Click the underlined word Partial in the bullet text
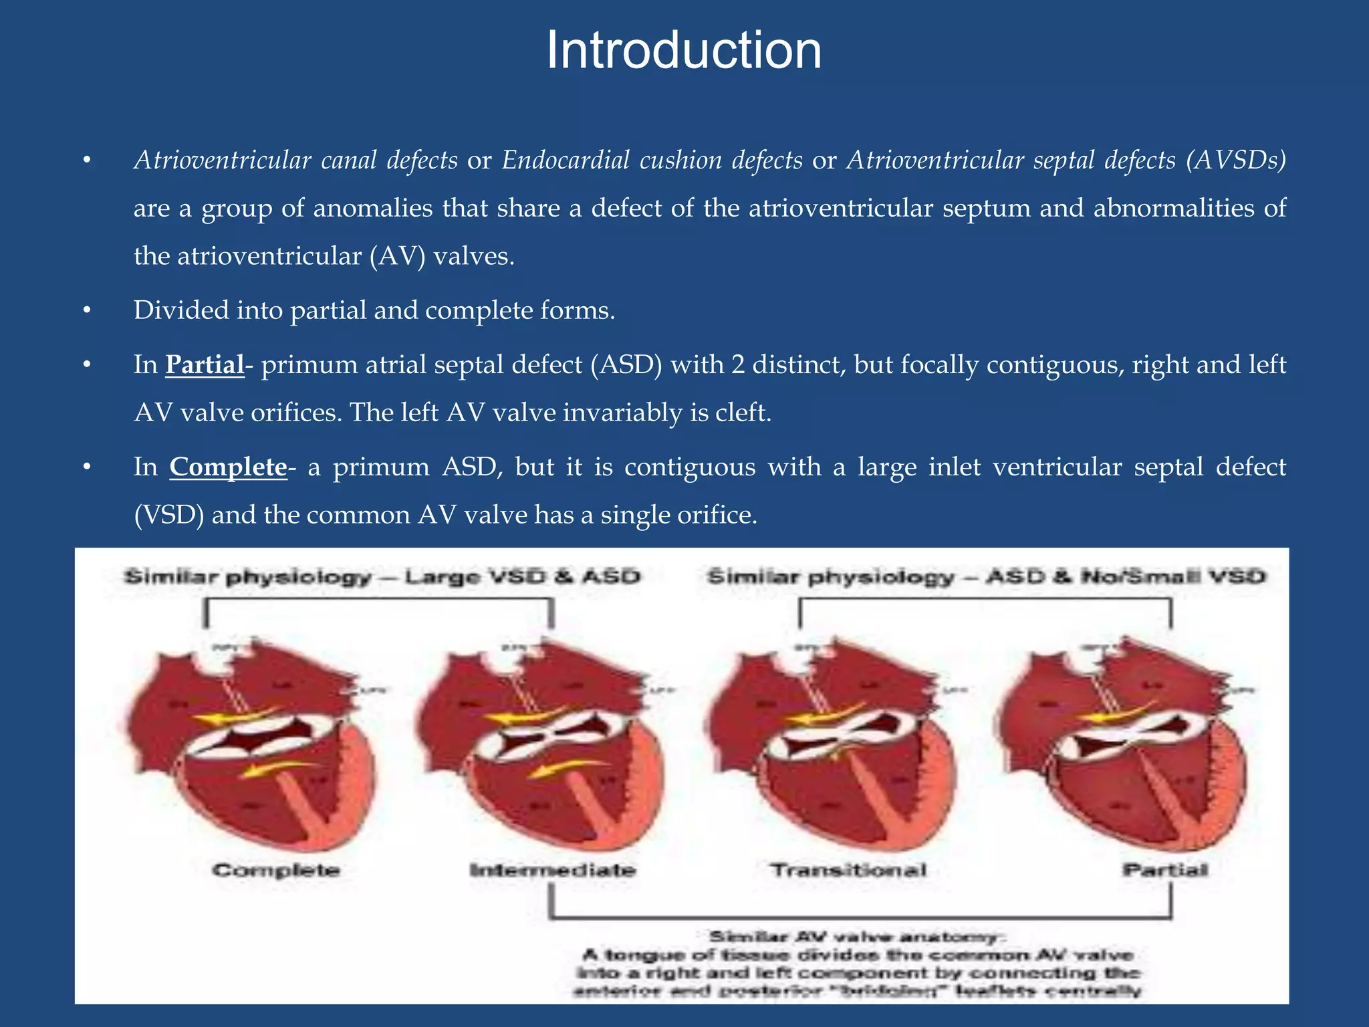[205, 364]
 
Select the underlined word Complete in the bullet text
[228, 467]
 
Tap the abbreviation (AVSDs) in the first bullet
[1236, 160]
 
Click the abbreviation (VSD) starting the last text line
[168, 515]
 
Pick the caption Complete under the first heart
[276, 870]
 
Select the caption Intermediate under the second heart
[552, 870]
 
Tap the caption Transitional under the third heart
[849, 870]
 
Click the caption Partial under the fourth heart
[1165, 870]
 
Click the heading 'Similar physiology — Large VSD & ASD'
[382, 576]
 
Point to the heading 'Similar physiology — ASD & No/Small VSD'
[987, 576]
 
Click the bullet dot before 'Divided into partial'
[86, 311]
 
